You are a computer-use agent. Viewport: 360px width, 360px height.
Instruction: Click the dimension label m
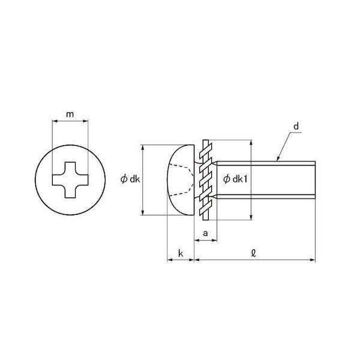coord(70,114)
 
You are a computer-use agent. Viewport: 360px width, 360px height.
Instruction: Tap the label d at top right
coord(296,126)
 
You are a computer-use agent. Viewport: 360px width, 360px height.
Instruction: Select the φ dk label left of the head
coord(130,179)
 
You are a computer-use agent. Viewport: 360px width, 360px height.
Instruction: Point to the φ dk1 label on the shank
coord(235,179)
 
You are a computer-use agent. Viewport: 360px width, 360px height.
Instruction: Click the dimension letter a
coord(205,233)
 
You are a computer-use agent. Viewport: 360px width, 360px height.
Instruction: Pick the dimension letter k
coord(181,253)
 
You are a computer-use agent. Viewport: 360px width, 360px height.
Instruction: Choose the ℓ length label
coord(253,253)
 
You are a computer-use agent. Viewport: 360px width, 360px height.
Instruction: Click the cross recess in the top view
coord(70,180)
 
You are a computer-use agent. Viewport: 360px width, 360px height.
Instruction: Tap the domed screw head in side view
coord(181,180)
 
